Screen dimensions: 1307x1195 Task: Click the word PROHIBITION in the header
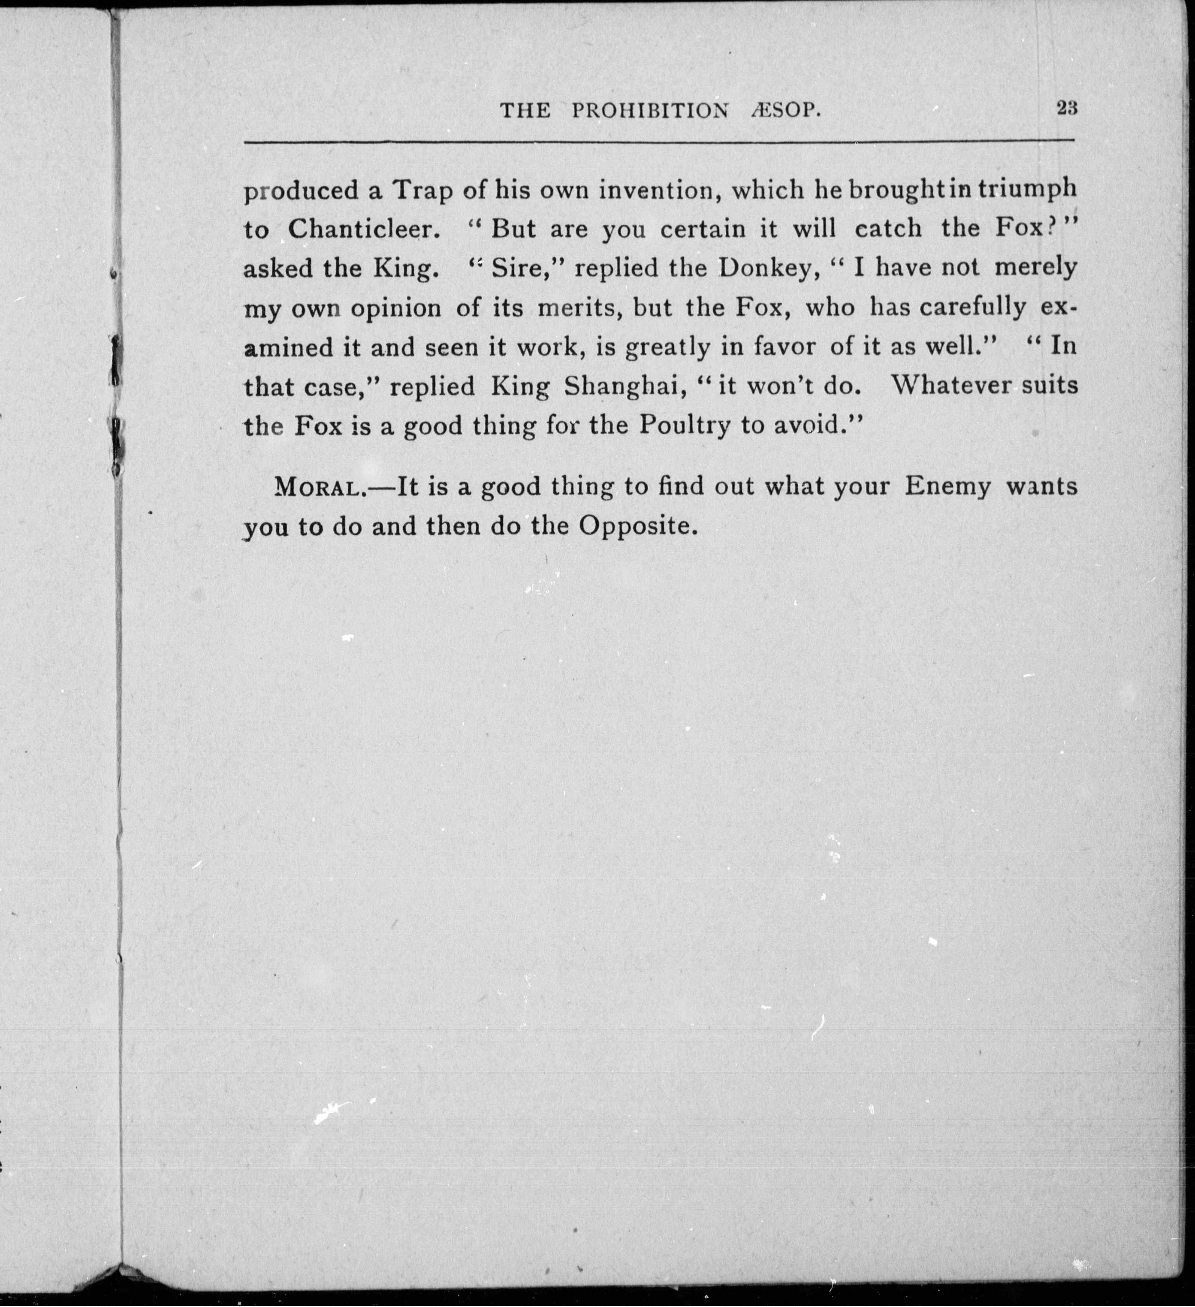click(650, 111)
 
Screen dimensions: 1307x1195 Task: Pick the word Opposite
click(633, 526)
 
